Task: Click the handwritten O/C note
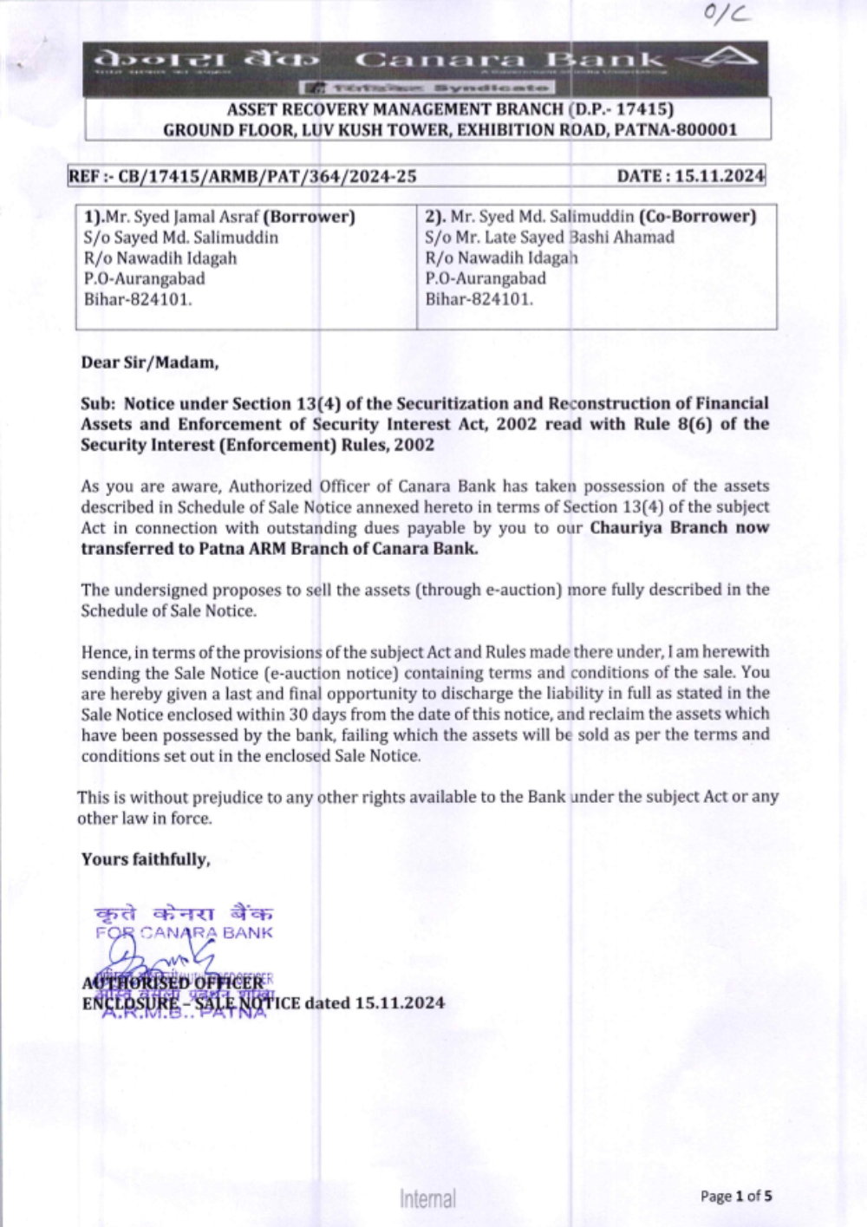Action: pos(727,13)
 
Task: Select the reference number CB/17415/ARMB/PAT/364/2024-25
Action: pos(267,176)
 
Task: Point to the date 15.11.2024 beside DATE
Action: pos(720,176)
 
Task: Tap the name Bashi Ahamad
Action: pos(622,237)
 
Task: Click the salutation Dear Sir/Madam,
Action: pos(150,362)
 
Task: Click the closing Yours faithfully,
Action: pos(146,859)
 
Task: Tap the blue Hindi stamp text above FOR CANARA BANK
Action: pos(184,913)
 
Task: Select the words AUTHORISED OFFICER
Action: pos(173,982)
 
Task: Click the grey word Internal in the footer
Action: pos(427,1198)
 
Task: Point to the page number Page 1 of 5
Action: pos(736,1197)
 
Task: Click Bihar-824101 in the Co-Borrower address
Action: pos(479,299)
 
